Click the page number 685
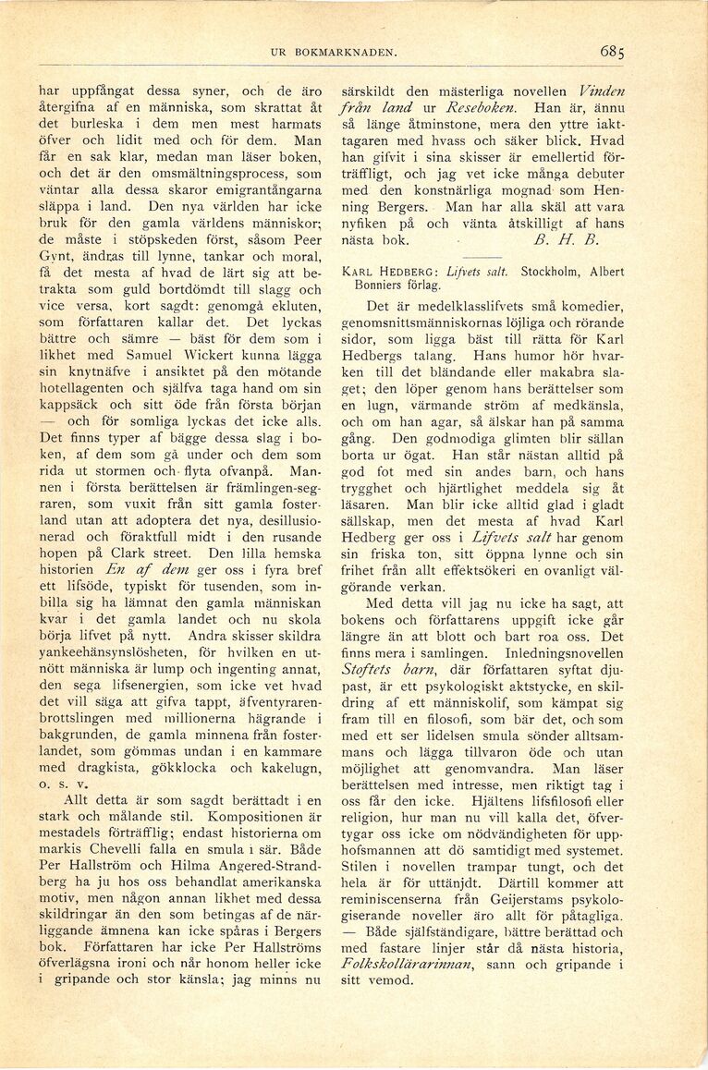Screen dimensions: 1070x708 click(x=611, y=52)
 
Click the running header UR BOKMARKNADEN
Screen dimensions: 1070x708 click(x=334, y=54)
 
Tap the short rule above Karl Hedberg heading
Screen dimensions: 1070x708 click(x=481, y=256)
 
